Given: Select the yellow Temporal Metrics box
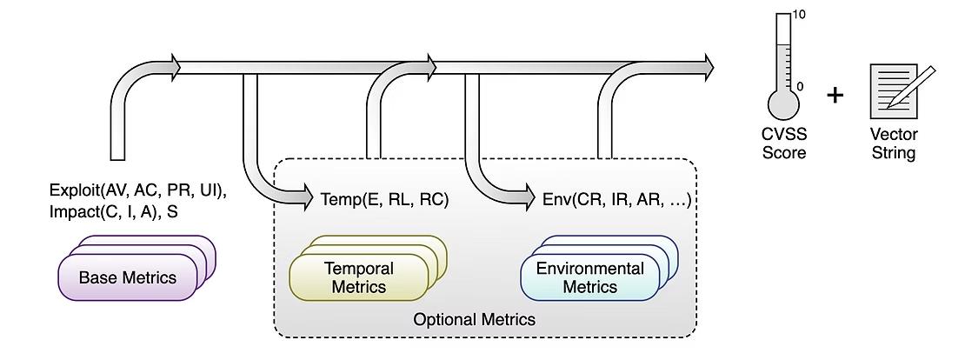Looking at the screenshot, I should pos(358,278).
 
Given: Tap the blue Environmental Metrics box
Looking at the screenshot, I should pos(589,278).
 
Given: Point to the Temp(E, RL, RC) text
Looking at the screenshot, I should pos(384,199).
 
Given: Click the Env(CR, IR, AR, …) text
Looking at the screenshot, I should pos(616,199).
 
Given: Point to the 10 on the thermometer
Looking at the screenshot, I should pos(801,15).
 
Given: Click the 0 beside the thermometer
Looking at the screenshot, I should pos(800,87).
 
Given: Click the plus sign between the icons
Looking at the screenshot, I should pos(835,94).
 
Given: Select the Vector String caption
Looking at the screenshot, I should pos(893,144).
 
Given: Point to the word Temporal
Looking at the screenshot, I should pos(358,269).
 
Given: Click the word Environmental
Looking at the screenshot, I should pos(589,269).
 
